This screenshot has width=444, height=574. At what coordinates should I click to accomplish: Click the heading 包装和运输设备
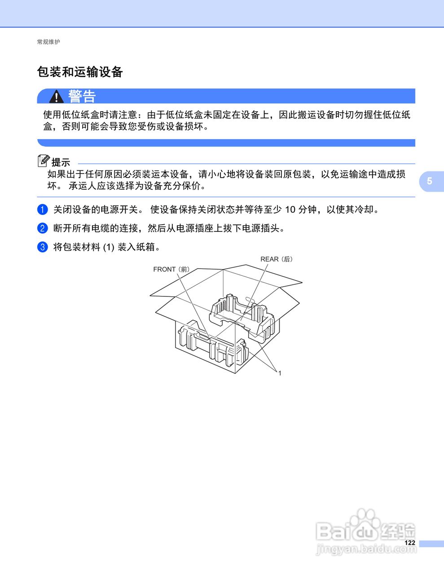pyautogui.click(x=80, y=72)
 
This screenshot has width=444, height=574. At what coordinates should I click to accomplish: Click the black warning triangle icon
pyautogui.click(x=56, y=96)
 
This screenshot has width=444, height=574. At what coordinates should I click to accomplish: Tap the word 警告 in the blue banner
pyautogui.click(x=82, y=96)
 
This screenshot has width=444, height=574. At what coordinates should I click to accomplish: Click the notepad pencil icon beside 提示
pyautogui.click(x=44, y=161)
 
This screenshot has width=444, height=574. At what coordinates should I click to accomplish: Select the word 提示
pyautogui.click(x=61, y=162)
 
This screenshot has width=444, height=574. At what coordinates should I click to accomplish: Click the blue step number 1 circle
pyautogui.click(x=42, y=209)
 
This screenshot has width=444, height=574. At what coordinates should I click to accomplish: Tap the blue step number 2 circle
pyautogui.click(x=42, y=228)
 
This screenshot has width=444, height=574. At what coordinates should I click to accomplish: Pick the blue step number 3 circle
pyautogui.click(x=42, y=247)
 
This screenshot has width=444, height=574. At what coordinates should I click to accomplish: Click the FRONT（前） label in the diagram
pyautogui.click(x=171, y=270)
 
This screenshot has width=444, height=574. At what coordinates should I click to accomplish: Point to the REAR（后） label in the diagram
pyautogui.click(x=276, y=259)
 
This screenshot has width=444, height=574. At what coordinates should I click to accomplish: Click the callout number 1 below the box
pyautogui.click(x=280, y=373)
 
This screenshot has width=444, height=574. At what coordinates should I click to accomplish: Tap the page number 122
pyautogui.click(x=409, y=543)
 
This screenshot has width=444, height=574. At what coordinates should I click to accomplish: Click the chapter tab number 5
pyautogui.click(x=430, y=181)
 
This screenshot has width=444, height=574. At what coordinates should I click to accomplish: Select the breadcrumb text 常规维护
pyautogui.click(x=48, y=42)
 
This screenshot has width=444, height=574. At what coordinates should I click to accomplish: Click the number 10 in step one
pyautogui.click(x=290, y=209)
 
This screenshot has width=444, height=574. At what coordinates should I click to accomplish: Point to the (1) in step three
pyautogui.click(x=109, y=247)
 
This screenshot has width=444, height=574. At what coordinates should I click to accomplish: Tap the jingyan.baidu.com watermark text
pyautogui.click(x=366, y=549)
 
